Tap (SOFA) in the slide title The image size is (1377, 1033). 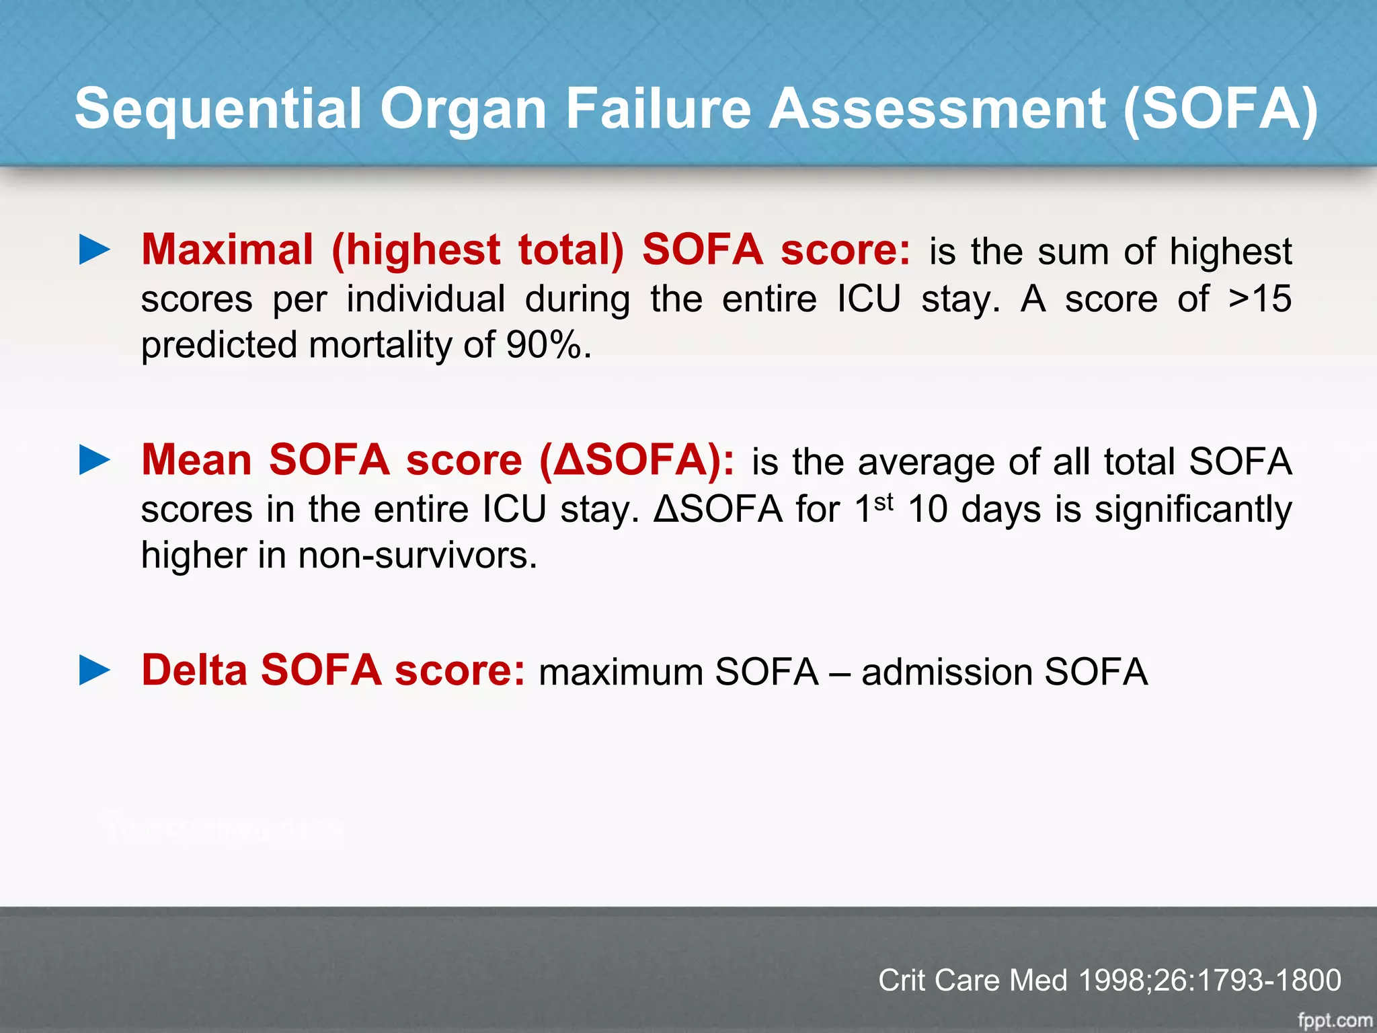point(1220,109)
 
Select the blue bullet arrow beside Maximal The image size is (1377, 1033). point(94,250)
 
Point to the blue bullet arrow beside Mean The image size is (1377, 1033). point(94,460)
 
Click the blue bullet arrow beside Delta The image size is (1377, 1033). point(94,671)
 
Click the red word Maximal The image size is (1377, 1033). point(227,250)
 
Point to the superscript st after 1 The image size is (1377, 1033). point(883,502)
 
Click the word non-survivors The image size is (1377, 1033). point(418,556)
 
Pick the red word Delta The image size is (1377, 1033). point(194,671)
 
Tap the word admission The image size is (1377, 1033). point(946,672)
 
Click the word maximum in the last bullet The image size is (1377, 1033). point(621,672)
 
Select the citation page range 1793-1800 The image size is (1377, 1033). point(1269,980)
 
